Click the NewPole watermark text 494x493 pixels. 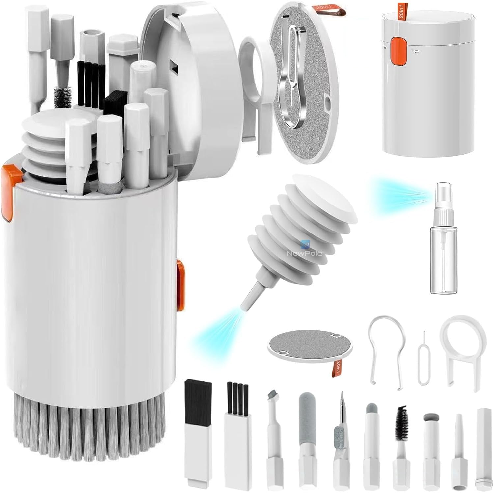304,253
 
